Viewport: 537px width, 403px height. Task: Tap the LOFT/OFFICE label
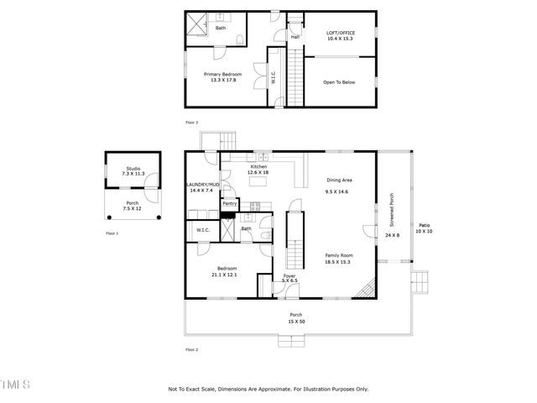point(340,34)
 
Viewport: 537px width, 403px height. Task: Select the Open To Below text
point(340,82)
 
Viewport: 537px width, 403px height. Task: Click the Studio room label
point(133,168)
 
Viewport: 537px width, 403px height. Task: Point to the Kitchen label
point(258,167)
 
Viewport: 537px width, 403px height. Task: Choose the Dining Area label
point(338,180)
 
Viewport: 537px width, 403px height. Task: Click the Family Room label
point(338,255)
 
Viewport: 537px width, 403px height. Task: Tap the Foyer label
point(289,275)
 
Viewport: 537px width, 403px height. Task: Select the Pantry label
point(230,203)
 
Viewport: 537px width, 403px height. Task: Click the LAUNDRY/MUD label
point(202,184)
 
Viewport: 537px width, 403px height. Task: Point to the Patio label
point(425,225)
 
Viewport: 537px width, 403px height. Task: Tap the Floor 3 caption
point(193,122)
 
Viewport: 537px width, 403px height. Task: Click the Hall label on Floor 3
point(295,37)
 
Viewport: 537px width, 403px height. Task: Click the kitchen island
point(259,181)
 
